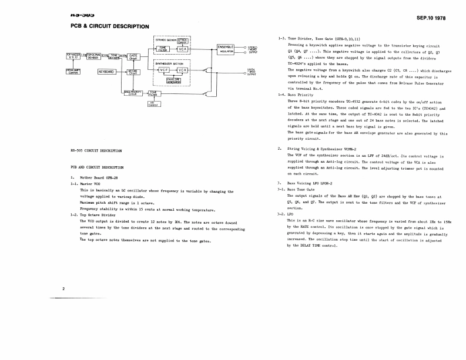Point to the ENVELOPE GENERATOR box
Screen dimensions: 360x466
[173, 80]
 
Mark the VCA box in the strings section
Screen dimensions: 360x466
[183, 49]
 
